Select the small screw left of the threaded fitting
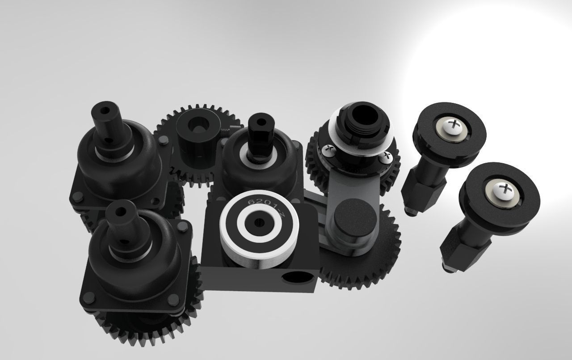coord(328,149)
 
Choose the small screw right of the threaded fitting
coord(386,156)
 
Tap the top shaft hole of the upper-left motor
coord(106,109)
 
